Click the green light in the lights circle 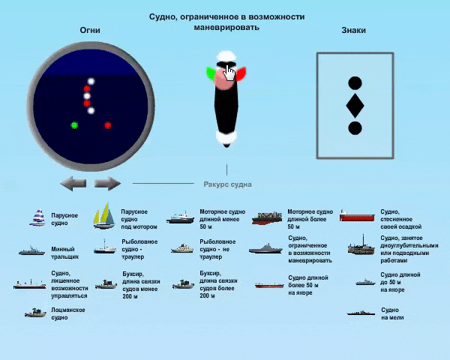(x=73, y=125)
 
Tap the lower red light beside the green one (x=108, y=125)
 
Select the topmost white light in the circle (x=91, y=81)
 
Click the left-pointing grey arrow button (x=73, y=184)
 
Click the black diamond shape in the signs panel (x=355, y=105)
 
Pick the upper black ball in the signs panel (x=355, y=82)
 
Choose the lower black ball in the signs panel (x=355, y=128)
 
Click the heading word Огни (x=90, y=30)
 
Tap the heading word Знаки (x=353, y=30)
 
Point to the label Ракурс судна (x=227, y=184)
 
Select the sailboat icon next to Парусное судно (x=38, y=218)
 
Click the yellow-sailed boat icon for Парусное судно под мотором (x=103, y=217)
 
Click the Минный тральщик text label (x=63, y=253)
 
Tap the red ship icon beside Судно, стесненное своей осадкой (x=358, y=216)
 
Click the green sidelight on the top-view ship (x=211, y=73)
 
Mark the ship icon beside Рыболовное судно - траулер (x=103, y=247)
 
